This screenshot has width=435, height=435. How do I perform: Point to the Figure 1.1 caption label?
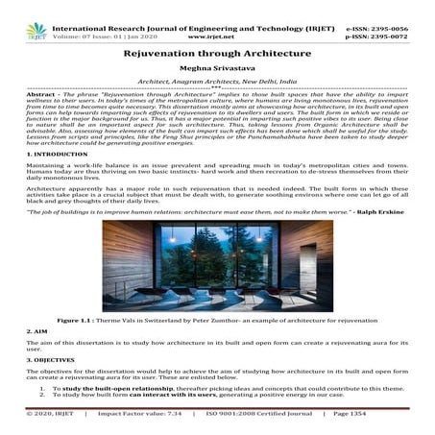point(79,319)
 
